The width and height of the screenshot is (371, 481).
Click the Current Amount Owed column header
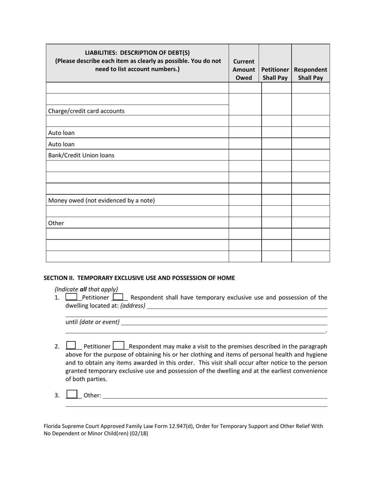click(244, 70)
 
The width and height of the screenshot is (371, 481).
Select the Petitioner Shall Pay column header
click(275, 74)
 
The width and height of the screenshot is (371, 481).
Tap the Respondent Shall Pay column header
click(310, 74)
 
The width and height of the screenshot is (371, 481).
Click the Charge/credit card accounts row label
click(86, 111)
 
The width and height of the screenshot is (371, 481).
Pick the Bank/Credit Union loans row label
click(81, 155)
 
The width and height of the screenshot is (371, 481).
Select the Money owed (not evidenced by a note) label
click(102, 201)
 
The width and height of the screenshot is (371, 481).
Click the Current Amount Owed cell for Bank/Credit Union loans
click(244, 155)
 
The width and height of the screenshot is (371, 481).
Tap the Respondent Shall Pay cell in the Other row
click(310, 223)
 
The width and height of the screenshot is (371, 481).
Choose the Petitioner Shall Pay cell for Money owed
click(276, 200)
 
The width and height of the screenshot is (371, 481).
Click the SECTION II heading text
click(139, 278)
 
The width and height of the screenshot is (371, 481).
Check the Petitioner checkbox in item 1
click(71, 297)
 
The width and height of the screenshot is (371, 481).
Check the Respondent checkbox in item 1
click(118, 297)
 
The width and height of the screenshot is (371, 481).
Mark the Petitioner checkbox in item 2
click(71, 346)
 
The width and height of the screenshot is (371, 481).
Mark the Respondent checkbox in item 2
click(119, 346)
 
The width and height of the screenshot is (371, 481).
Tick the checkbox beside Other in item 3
click(72, 395)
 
